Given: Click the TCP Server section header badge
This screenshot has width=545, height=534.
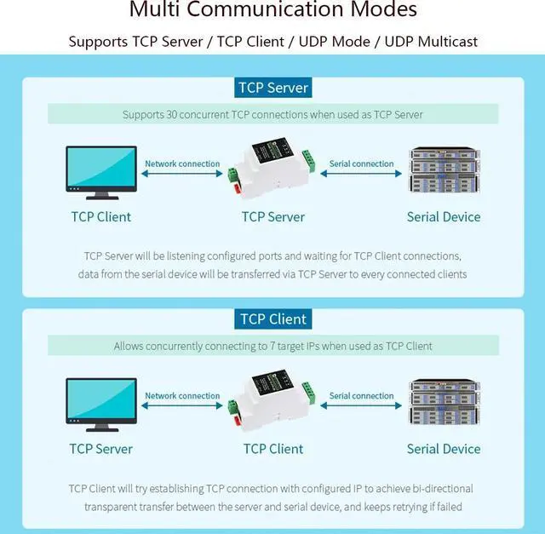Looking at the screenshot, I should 272,88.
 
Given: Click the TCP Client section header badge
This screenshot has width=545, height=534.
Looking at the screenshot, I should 272,319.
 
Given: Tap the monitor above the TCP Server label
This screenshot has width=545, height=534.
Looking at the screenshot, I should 101,405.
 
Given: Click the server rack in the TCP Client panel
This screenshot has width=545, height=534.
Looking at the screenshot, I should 444,403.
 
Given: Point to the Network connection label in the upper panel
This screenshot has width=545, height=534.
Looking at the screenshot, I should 182,164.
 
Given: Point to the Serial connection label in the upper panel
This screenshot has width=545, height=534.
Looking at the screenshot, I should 361,164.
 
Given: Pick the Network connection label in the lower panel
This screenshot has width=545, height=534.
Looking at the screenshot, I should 182,396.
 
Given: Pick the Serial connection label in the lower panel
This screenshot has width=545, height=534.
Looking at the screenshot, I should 361,396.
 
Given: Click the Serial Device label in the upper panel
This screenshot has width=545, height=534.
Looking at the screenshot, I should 444,216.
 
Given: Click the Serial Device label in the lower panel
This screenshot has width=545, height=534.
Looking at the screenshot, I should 444,449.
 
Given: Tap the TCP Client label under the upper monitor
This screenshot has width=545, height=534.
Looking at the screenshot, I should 101,216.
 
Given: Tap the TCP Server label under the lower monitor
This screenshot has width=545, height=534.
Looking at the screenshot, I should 101,449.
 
